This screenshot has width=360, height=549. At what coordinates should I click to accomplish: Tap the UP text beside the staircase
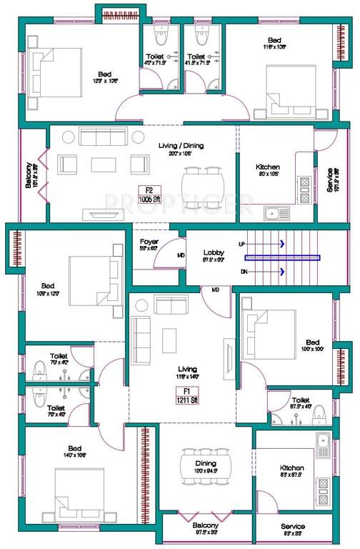point(241,244)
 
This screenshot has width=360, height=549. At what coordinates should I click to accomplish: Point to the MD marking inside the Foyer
point(181,255)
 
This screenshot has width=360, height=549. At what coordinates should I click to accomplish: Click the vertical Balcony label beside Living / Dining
point(28,176)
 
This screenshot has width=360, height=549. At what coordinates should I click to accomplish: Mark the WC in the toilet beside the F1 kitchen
point(320,413)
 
